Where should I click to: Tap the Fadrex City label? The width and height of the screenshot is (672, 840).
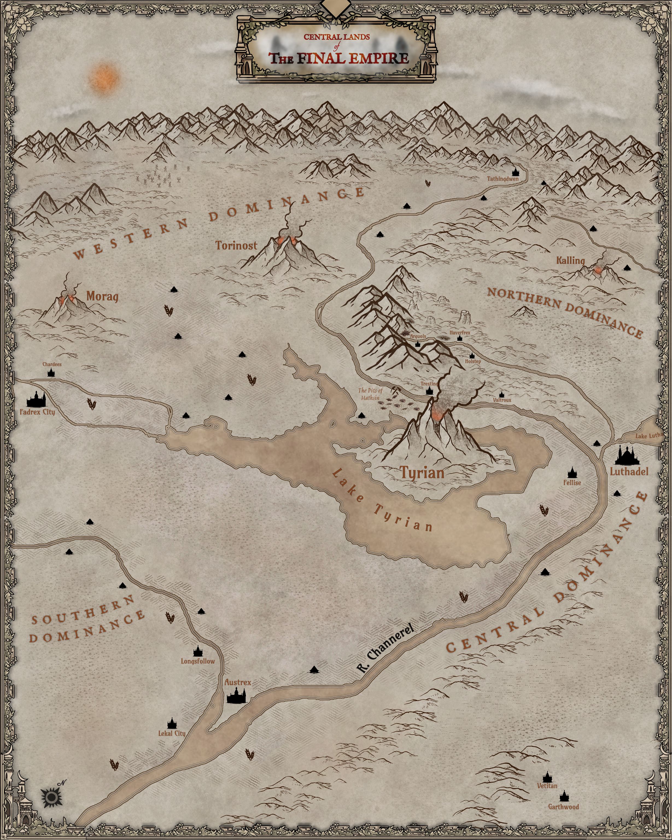pos(37,412)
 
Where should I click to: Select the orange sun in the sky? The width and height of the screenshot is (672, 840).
pos(104,78)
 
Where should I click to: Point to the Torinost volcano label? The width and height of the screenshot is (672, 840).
pos(236,245)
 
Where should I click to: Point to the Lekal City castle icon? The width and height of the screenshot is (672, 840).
pos(171,724)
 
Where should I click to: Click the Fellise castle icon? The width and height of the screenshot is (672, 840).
pos(572,473)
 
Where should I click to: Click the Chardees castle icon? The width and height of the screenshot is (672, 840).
pos(51,373)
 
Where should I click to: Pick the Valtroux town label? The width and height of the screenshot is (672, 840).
pos(502,400)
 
